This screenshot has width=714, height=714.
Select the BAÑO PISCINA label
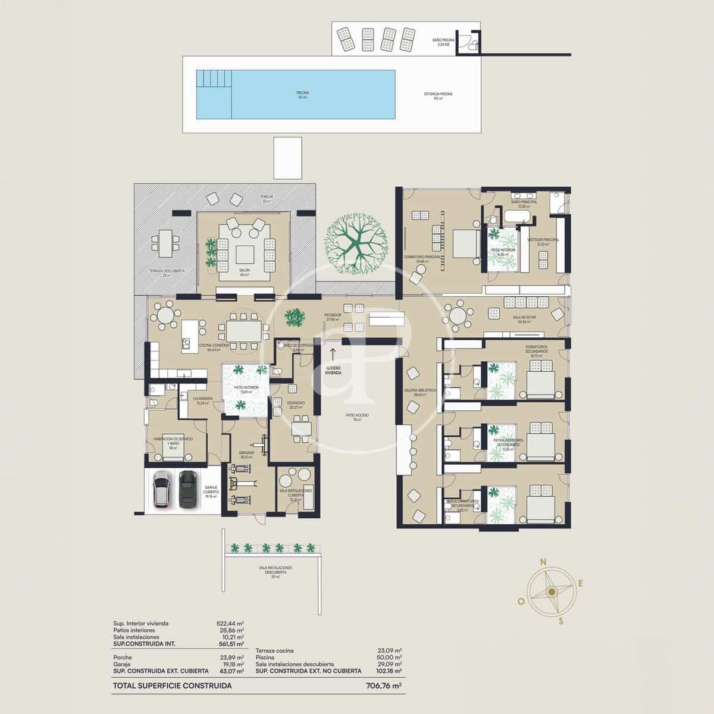[x=444, y=42]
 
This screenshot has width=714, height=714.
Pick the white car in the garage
[x=161, y=489]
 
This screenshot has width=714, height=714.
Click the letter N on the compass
[x=543, y=562]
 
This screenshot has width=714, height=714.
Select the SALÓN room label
[x=245, y=272]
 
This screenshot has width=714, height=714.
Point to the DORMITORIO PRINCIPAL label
[x=422, y=256]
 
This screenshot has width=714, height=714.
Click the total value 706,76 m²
[x=383, y=685]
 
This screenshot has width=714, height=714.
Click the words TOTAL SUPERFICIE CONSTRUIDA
[x=172, y=685]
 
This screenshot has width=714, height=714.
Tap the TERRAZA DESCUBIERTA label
[x=167, y=271]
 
